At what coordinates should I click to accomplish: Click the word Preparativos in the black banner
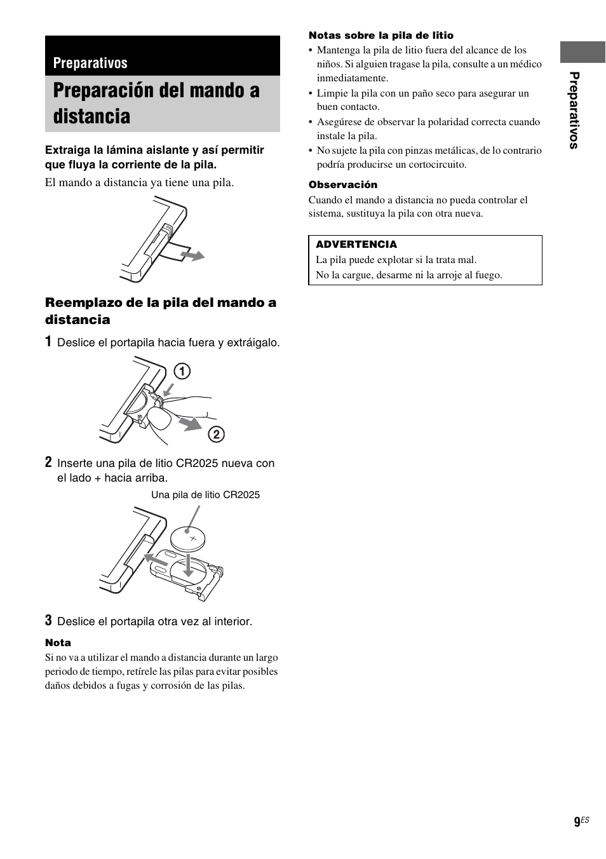tap(90, 63)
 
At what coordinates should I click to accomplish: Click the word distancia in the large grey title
tap(91, 116)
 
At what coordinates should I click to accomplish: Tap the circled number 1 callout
tap(182, 371)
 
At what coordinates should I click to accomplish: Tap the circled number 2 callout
tap(216, 435)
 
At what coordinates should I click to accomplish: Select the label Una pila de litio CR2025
tap(205, 495)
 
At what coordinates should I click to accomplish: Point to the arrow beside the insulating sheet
tap(192, 255)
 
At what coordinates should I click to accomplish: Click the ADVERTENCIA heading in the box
tap(356, 245)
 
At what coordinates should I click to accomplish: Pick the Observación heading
tap(343, 185)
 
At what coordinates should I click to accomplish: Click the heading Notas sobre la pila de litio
tap(381, 36)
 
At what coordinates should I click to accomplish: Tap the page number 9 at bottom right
tap(577, 822)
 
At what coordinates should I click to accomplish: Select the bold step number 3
tap(48, 620)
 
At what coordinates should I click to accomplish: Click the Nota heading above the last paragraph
tap(58, 643)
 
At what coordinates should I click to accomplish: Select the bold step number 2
tap(48, 463)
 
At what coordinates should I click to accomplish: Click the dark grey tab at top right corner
tap(582, 52)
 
